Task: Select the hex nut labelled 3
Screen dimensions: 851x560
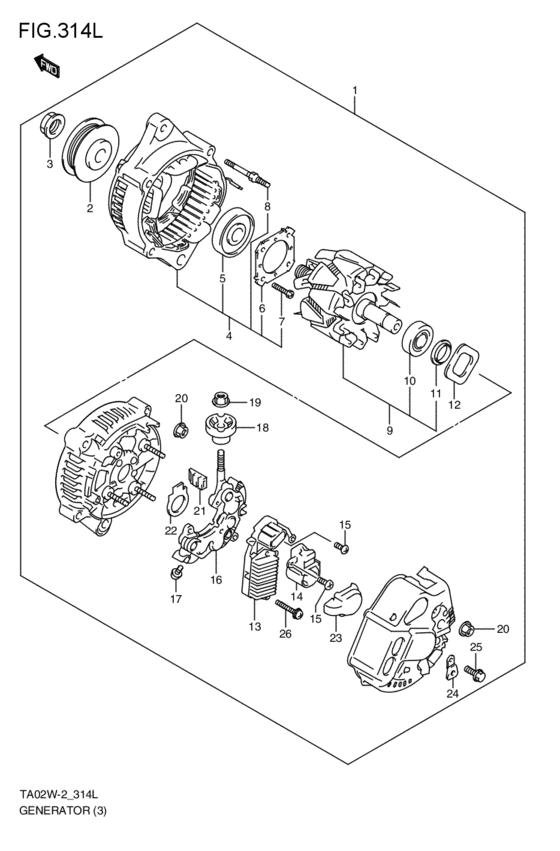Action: (53, 127)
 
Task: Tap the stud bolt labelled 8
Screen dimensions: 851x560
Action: (249, 176)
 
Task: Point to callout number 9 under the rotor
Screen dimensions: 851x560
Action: (389, 430)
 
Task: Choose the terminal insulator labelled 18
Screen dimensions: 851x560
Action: (221, 429)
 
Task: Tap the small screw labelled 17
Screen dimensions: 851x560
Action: (175, 573)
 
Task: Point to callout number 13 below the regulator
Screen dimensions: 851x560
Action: (255, 627)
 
